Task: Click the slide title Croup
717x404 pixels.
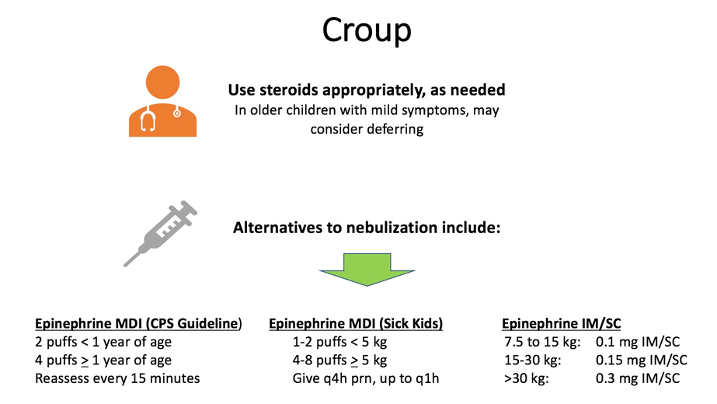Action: pyautogui.click(x=367, y=31)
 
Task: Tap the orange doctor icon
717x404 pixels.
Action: pyautogui.click(x=163, y=101)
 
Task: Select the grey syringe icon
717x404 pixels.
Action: pyautogui.click(x=161, y=233)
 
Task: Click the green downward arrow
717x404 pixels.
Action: pyautogui.click(x=367, y=270)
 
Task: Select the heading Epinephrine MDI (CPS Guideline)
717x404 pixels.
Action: pyautogui.click(x=138, y=323)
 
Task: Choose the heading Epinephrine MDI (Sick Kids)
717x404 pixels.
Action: pyautogui.click(x=356, y=323)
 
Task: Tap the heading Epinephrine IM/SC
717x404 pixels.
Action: pyautogui.click(x=561, y=323)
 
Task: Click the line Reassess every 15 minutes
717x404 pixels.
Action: pyautogui.click(x=117, y=378)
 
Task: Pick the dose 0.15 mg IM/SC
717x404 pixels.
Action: pyautogui.click(x=641, y=360)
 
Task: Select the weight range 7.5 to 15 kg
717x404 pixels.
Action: pyautogui.click(x=542, y=342)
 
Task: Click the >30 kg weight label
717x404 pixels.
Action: pyautogui.click(x=527, y=378)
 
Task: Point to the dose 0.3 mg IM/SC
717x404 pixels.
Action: pyautogui.click(x=638, y=378)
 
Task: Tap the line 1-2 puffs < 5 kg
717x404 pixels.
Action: pyautogui.click(x=339, y=342)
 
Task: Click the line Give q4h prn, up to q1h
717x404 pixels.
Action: pyautogui.click(x=366, y=378)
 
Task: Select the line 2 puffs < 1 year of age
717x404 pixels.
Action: pyautogui.click(x=103, y=342)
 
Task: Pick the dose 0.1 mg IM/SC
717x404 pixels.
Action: pyautogui.click(x=638, y=342)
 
